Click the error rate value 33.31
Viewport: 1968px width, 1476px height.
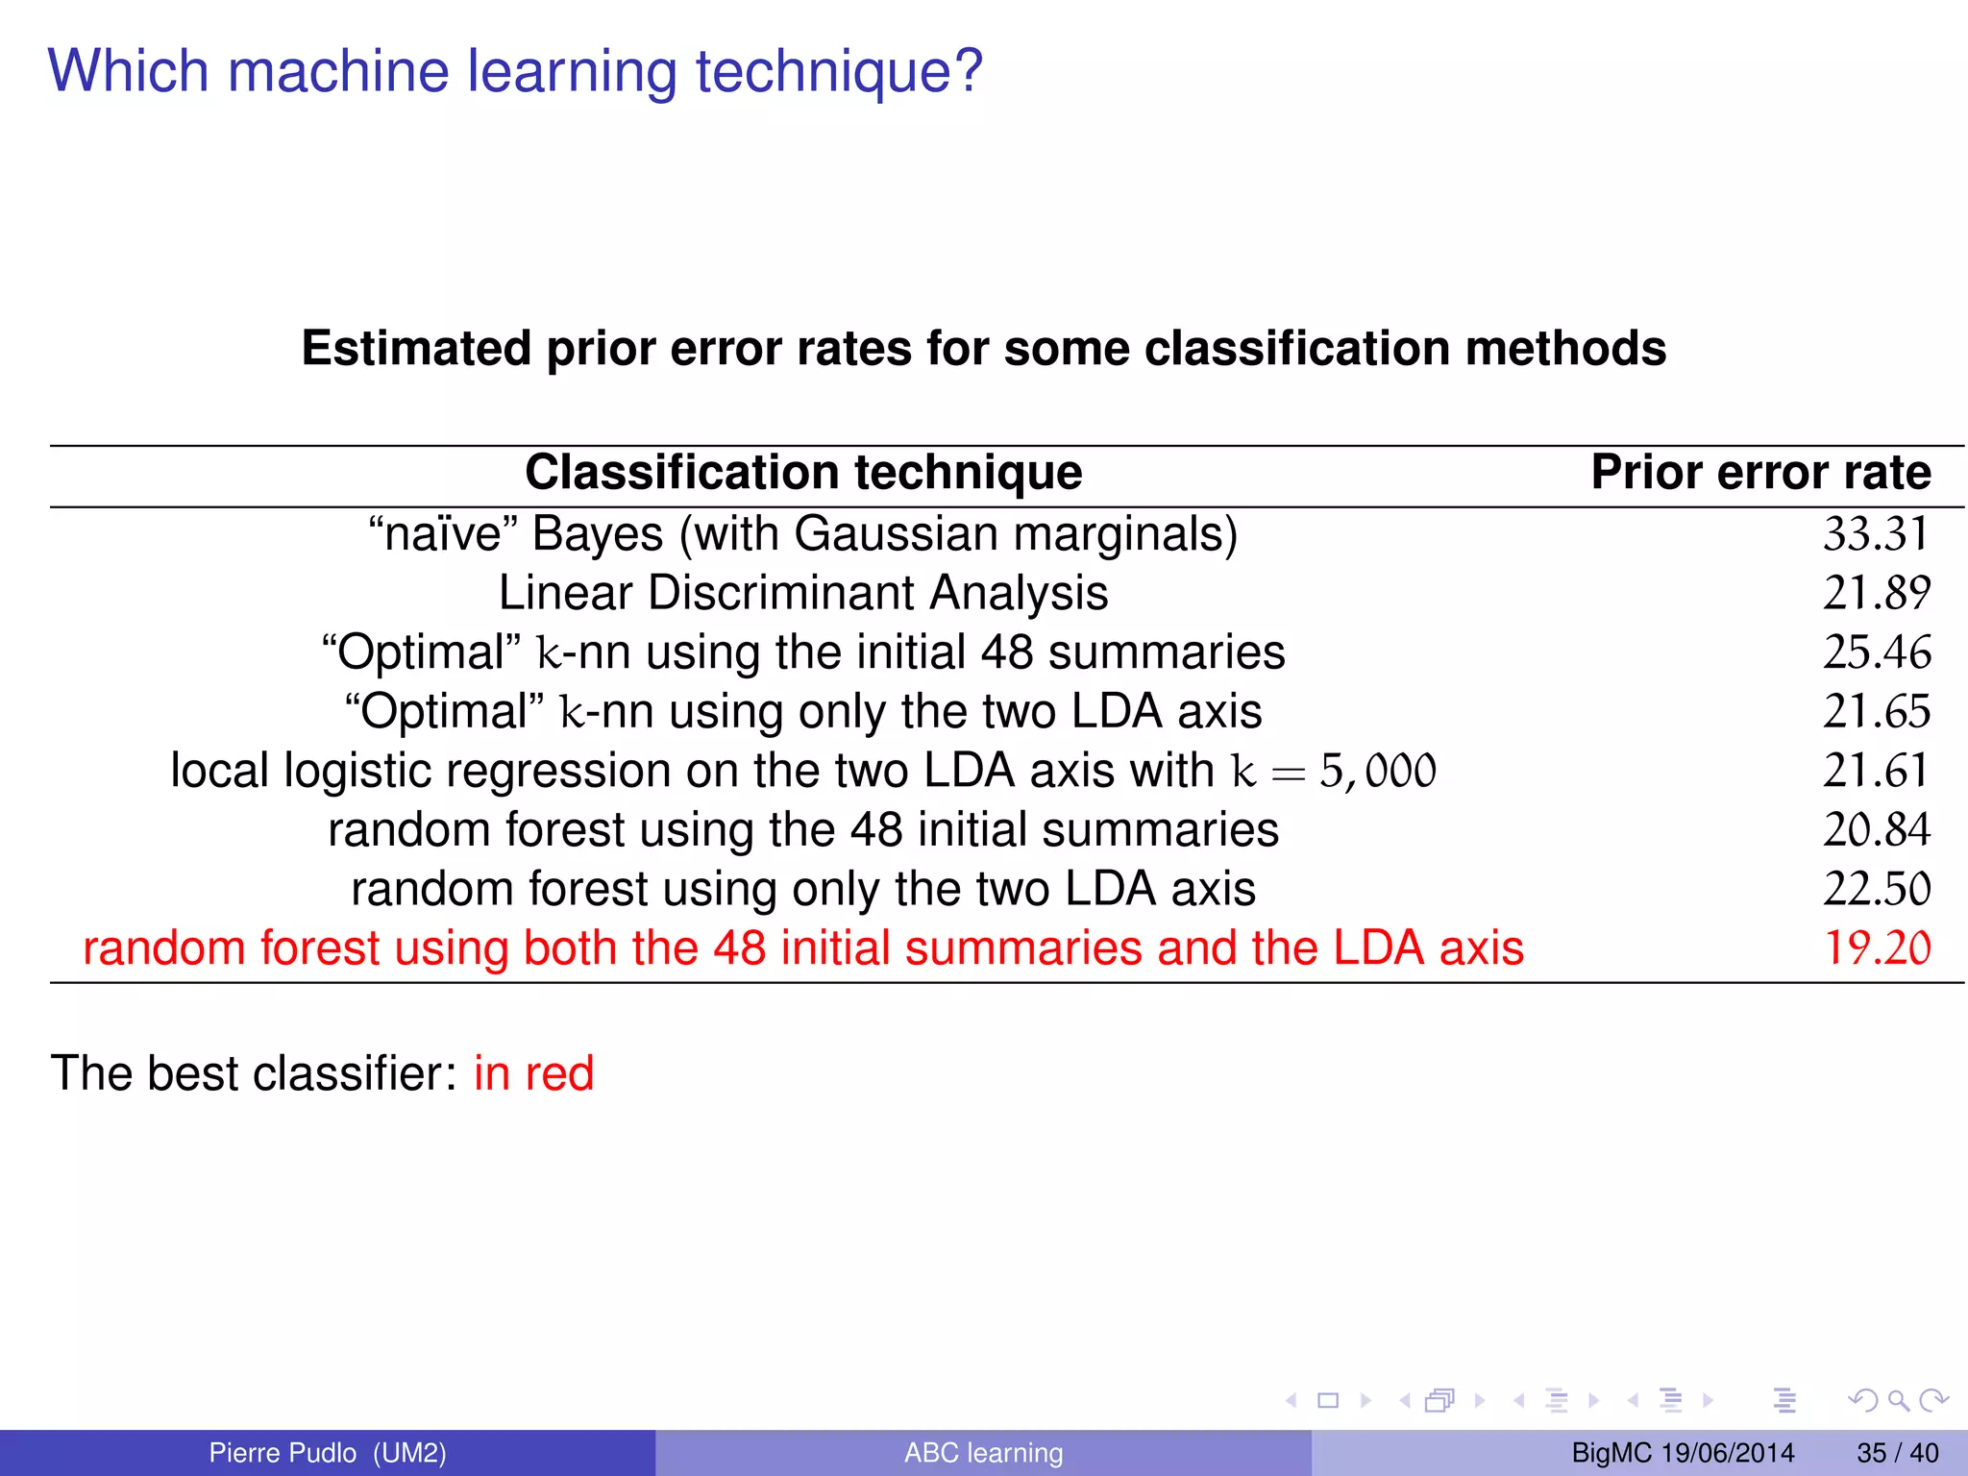tap(1876, 534)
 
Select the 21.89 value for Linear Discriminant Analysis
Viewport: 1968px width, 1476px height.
tap(1876, 593)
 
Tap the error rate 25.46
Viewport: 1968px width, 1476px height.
tap(1876, 652)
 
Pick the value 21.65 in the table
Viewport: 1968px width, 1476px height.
tap(1876, 712)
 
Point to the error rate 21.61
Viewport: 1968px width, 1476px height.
tap(1876, 771)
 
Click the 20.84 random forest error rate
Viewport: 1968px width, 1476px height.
tap(1876, 830)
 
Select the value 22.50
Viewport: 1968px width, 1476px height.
tap(1876, 890)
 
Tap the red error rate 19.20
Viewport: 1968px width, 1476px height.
tap(1876, 948)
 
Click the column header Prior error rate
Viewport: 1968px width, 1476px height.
tap(1760, 473)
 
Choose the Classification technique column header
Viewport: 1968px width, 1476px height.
tap(803, 473)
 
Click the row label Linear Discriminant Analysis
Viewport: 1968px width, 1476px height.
tap(803, 593)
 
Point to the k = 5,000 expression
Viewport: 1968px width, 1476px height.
tap(1334, 772)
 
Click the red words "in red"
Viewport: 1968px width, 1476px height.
tap(533, 1073)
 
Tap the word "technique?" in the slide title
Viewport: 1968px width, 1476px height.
tap(839, 72)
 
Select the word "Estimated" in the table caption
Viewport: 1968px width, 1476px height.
tap(416, 348)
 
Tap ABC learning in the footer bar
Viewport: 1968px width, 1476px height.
tap(983, 1453)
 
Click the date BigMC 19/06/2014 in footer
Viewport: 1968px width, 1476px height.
tap(1683, 1453)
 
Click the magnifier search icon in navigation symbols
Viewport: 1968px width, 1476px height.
tap(1898, 1400)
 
